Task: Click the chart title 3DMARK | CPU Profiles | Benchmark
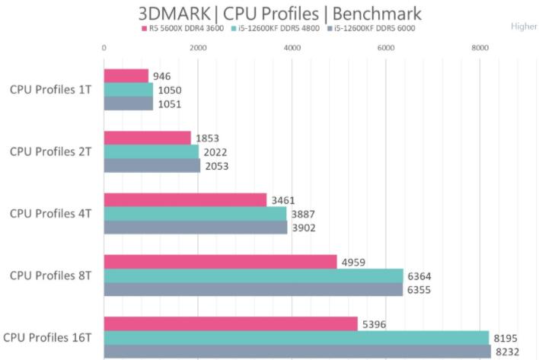pyautogui.click(x=279, y=14)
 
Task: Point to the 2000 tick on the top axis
pyautogui.click(x=198, y=48)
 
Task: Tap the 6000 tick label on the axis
pyautogui.click(x=386, y=48)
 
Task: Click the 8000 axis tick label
pyautogui.click(x=480, y=48)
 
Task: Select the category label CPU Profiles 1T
pyautogui.click(x=50, y=89)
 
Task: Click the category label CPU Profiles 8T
pyautogui.click(x=50, y=275)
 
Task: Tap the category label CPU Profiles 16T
pyautogui.click(x=47, y=336)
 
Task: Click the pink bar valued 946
pyautogui.click(x=126, y=76)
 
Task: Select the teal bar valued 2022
pyautogui.click(x=151, y=151)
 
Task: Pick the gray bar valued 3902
pyautogui.click(x=195, y=228)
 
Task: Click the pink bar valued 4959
pyautogui.click(x=220, y=262)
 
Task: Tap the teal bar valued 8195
pyautogui.click(x=296, y=337)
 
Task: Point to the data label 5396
pyautogui.click(x=375, y=323)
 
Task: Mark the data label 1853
pyautogui.click(x=207, y=138)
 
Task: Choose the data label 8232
pyautogui.click(x=507, y=351)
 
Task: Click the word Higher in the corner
pyautogui.click(x=524, y=26)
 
